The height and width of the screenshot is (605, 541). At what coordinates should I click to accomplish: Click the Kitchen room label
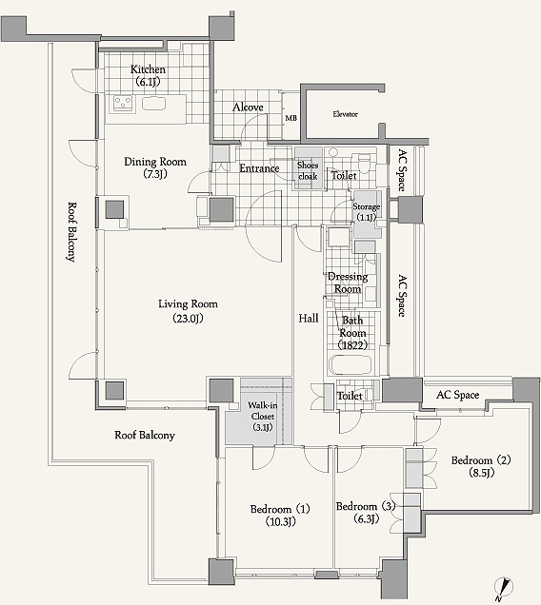[x=148, y=69]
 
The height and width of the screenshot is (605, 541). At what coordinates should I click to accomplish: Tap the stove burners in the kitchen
[x=123, y=104]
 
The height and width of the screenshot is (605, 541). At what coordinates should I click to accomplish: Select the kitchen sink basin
[x=153, y=104]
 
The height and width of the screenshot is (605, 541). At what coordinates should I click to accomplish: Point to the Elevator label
[x=345, y=114]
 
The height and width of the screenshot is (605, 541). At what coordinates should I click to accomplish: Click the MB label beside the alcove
[x=291, y=118]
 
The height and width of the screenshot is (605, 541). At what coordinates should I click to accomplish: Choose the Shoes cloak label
[x=308, y=170]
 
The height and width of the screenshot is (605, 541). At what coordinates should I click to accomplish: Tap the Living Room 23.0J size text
[x=188, y=319]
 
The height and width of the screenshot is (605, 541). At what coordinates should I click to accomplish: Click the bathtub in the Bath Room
[x=351, y=365]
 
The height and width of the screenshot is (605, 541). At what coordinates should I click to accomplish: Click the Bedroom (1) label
[x=280, y=509]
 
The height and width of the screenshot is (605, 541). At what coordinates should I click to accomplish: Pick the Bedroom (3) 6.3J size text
[x=366, y=519]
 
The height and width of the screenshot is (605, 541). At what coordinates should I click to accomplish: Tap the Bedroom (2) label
[x=481, y=460]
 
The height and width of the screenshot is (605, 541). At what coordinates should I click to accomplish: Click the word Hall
[x=309, y=319]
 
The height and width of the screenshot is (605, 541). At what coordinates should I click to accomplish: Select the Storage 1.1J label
[x=366, y=212]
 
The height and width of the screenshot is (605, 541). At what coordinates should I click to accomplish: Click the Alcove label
[x=248, y=107]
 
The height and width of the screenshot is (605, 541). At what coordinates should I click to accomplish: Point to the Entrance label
[x=259, y=168]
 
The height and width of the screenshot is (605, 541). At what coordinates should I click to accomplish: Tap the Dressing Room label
[x=348, y=283]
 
